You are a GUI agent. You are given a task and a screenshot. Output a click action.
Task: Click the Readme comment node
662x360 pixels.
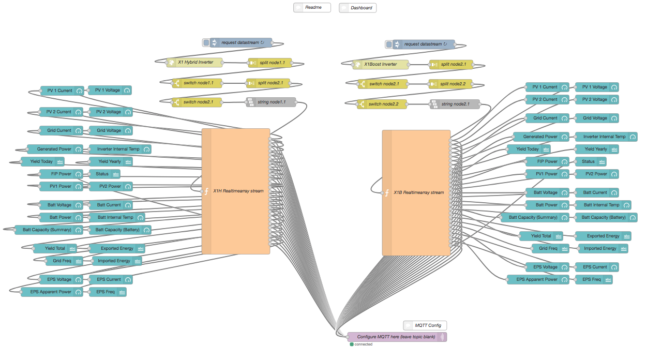coord(312,8)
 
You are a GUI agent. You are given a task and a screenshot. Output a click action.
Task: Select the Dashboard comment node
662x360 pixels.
coord(358,8)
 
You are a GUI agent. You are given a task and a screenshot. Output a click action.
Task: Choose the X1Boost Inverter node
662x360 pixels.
coord(380,65)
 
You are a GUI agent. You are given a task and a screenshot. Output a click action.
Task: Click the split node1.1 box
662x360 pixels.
coord(270,63)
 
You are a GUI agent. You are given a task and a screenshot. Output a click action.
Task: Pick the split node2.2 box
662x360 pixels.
coord(451,84)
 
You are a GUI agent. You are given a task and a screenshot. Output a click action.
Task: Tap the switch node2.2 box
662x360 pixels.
coord(382,104)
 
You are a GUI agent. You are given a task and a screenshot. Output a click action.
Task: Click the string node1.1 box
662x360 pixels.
coord(271,102)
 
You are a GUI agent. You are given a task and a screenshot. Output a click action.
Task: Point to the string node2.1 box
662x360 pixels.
coord(455,104)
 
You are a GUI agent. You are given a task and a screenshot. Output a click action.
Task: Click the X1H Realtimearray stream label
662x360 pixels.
coord(238,191)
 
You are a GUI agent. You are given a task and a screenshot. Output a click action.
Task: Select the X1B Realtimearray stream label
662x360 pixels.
coord(419,193)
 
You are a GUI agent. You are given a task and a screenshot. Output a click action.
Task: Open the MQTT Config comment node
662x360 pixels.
coord(425,325)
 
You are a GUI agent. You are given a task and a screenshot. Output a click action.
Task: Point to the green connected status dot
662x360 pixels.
coord(352,344)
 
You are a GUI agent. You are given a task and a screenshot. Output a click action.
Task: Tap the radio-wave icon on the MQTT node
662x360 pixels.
coord(442,337)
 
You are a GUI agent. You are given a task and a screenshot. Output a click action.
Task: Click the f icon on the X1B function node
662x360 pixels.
coord(387,193)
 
